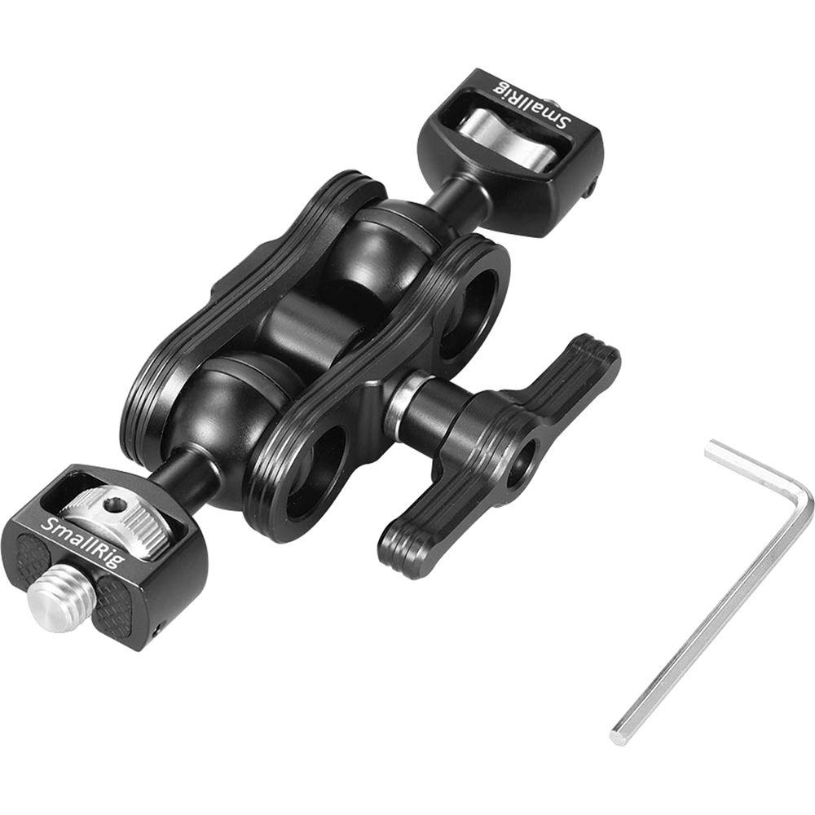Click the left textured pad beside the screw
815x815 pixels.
(x=33, y=562)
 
